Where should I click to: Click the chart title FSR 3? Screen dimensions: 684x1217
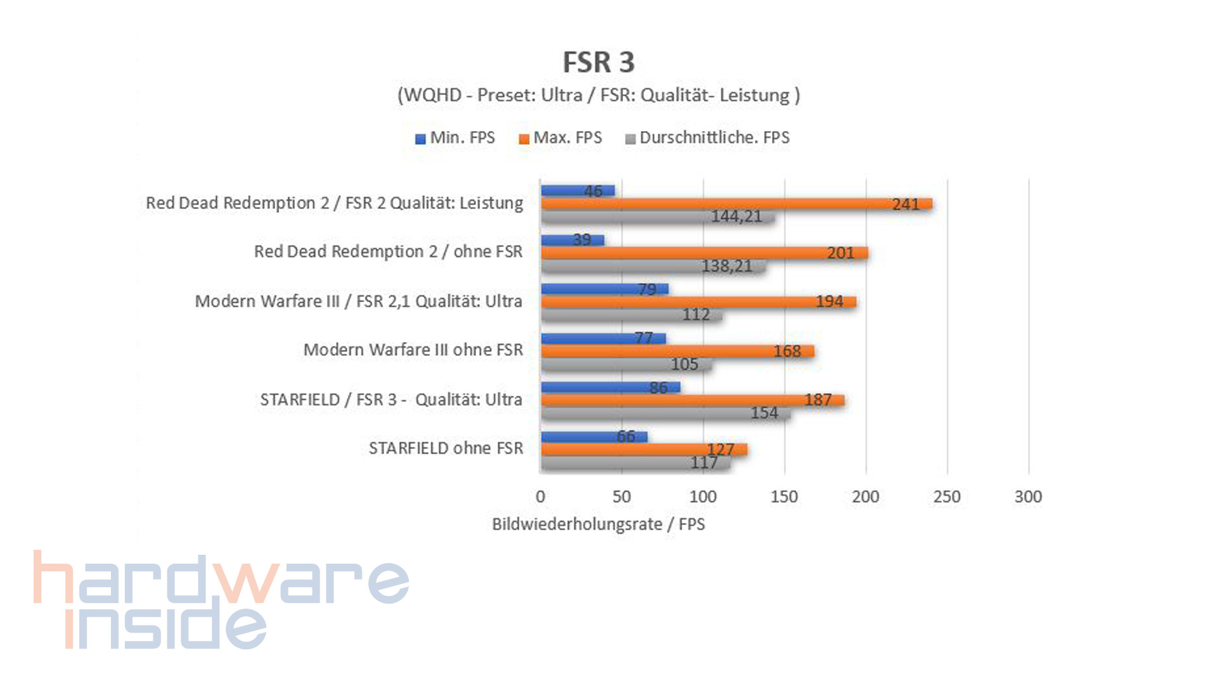(x=598, y=62)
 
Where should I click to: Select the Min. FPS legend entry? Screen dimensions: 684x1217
(x=455, y=138)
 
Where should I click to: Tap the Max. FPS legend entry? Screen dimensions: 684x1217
(x=560, y=138)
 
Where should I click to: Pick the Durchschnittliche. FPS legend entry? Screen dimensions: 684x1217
(x=707, y=138)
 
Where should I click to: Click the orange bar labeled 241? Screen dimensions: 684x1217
(x=735, y=204)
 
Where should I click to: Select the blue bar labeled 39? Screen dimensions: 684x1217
(x=572, y=240)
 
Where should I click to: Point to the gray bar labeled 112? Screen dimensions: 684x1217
(x=631, y=315)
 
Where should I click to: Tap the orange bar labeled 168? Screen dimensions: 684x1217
(x=677, y=351)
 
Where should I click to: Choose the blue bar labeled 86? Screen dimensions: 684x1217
(x=610, y=387)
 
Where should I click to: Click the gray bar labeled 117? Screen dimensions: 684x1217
(x=636, y=463)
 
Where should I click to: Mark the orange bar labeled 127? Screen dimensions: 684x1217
(x=644, y=450)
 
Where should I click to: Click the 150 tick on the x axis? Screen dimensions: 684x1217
(x=784, y=497)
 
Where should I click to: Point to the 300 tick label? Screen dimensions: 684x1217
(x=1028, y=497)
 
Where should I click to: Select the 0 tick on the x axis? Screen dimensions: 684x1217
(x=540, y=497)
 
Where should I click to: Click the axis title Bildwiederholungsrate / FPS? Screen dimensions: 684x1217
(x=598, y=524)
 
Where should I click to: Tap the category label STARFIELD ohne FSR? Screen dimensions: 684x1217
(x=446, y=448)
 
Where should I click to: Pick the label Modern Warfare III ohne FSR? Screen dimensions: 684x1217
(x=413, y=350)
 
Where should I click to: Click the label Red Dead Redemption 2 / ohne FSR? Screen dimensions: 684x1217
(x=388, y=252)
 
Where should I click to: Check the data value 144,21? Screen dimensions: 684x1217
(x=736, y=217)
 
